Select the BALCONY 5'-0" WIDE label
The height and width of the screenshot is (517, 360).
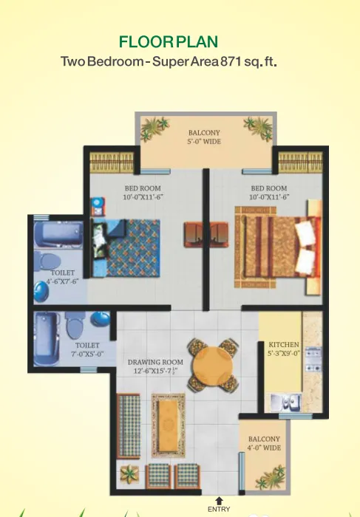205,137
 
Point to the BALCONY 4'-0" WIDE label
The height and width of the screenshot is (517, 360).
264,443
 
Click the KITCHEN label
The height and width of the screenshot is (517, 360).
283,345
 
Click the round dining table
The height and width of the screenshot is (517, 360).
212,364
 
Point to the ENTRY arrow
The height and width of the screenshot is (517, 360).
219,501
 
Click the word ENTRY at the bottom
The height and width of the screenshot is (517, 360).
220,510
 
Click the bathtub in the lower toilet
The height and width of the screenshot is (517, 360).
44,338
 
